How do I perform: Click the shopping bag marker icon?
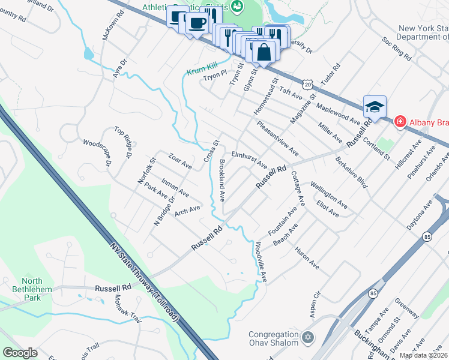pos(264,53)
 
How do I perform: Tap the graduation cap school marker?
pos(375,107)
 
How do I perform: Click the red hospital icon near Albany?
pos(400,122)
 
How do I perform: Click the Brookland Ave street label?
pos(223,180)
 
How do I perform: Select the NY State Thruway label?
pos(144,281)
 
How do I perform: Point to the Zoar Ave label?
pos(179,161)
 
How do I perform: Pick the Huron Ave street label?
pos(306,257)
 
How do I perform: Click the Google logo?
pos(20,353)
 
